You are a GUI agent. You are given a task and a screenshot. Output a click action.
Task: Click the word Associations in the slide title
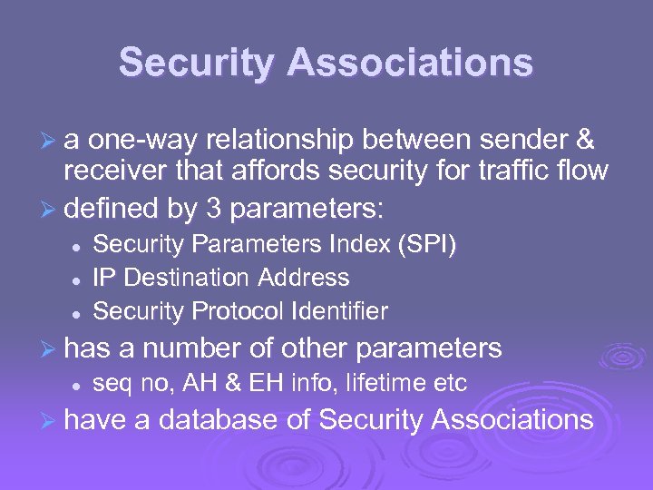tap(410, 64)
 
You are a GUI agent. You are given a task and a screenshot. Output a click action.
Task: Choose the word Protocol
tap(239, 311)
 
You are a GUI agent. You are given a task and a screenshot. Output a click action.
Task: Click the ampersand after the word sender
tap(585, 141)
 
